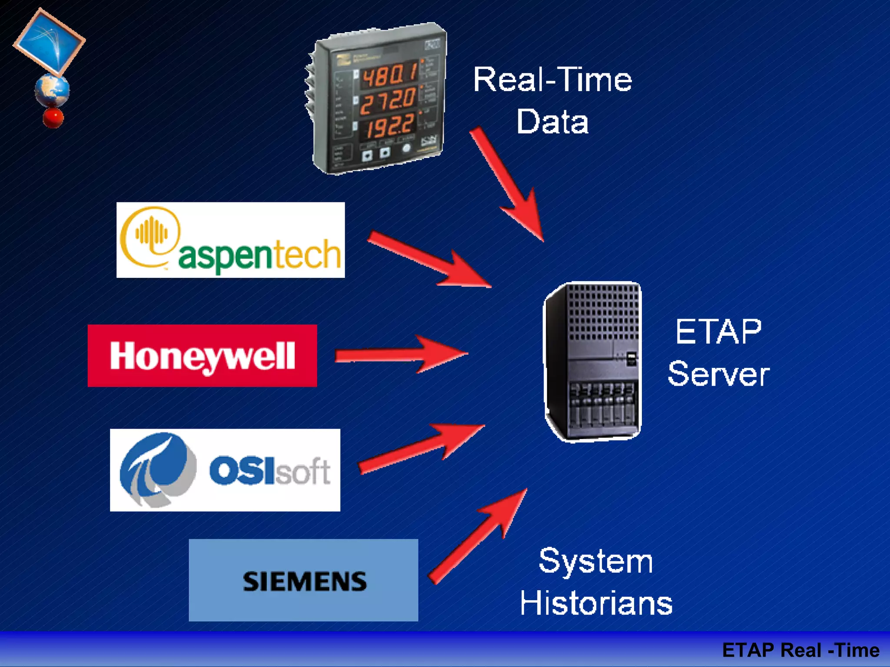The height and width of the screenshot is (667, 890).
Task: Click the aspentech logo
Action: [x=230, y=240]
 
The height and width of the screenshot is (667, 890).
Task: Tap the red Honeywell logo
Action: [x=202, y=356]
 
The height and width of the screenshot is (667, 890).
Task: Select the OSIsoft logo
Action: [x=225, y=470]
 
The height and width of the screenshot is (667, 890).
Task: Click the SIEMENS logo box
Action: [x=303, y=580]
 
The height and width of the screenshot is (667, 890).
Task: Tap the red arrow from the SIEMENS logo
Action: [x=478, y=536]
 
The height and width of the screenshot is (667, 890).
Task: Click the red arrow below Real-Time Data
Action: [x=508, y=185]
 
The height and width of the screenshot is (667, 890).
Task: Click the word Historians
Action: [x=596, y=603]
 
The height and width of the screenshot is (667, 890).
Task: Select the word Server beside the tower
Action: [x=719, y=374]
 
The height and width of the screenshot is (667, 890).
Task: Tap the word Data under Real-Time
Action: [x=552, y=122]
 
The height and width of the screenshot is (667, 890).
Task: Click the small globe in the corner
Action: [x=52, y=90]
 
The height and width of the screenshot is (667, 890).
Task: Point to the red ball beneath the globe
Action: [x=53, y=118]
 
